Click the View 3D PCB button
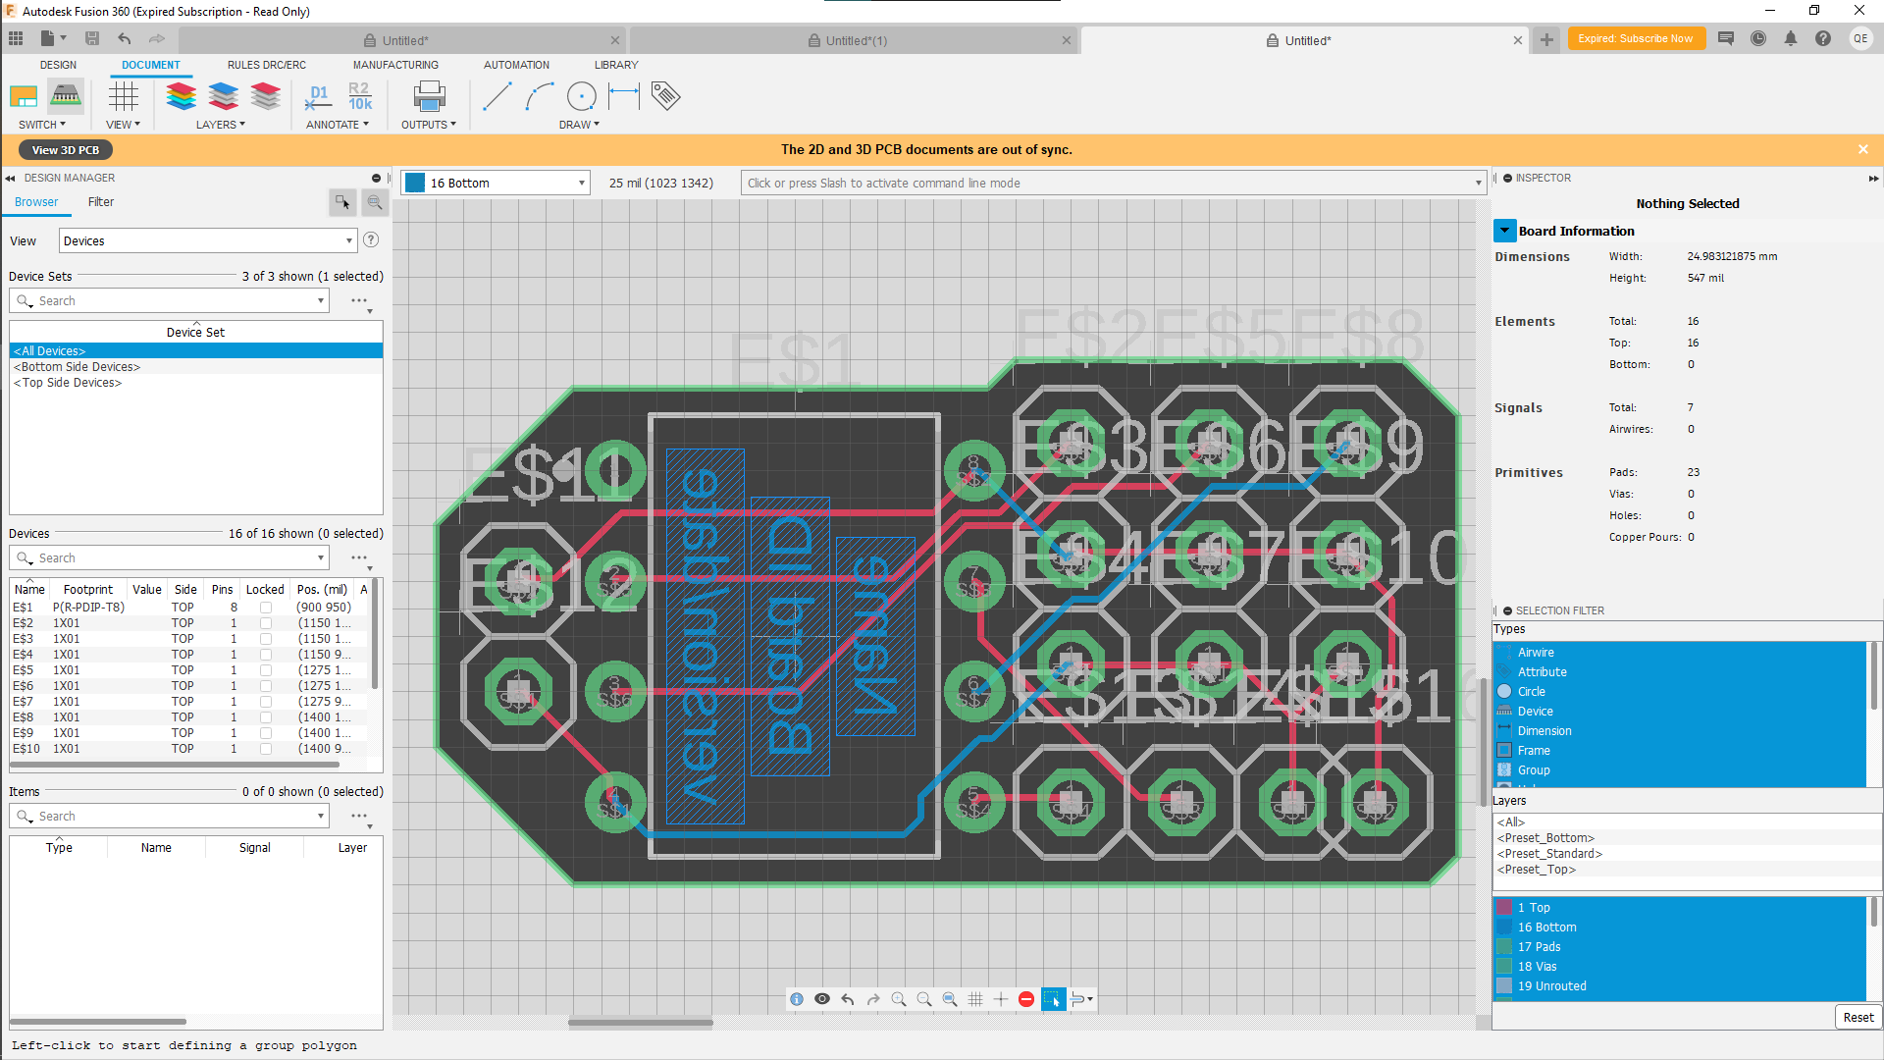click(x=66, y=150)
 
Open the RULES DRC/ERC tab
click(x=266, y=65)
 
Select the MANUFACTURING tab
click(x=395, y=65)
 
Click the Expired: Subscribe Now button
click(x=1635, y=39)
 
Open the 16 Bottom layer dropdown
click(x=496, y=184)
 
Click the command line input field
click(x=1109, y=184)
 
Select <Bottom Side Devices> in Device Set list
click(x=78, y=367)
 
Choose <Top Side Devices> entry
click(x=68, y=383)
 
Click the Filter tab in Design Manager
click(x=101, y=202)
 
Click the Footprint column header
click(x=87, y=590)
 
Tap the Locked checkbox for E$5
click(x=266, y=670)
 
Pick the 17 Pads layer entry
click(x=1539, y=947)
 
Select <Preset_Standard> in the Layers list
click(x=1549, y=854)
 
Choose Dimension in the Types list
click(x=1544, y=731)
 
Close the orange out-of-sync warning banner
click(x=1862, y=149)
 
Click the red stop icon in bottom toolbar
click(x=1026, y=999)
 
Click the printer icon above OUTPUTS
click(x=429, y=96)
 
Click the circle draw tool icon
click(x=581, y=96)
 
